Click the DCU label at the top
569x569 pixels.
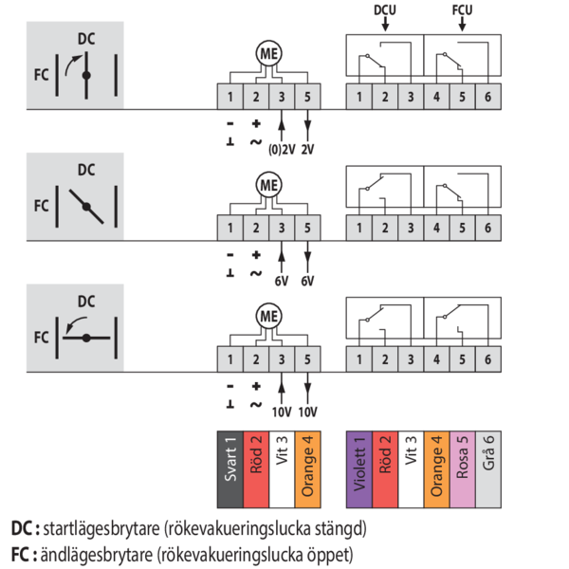(385, 9)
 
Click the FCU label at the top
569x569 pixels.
(461, 9)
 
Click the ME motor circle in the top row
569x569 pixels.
(268, 54)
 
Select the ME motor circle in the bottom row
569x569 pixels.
(268, 315)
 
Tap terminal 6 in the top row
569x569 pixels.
(486, 97)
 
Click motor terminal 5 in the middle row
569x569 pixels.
(307, 228)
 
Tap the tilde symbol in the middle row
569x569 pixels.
(256, 273)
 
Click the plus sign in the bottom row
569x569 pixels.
(256, 386)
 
